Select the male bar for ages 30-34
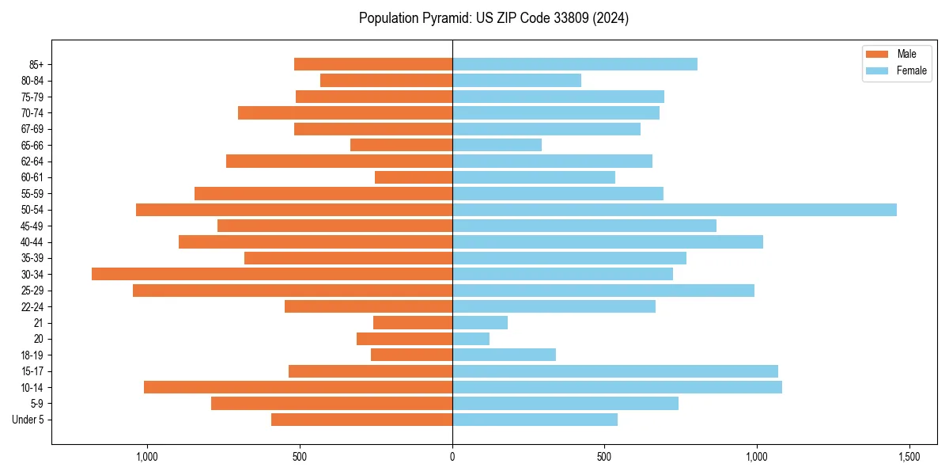[272, 274]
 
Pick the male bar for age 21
[413, 323]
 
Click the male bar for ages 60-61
[414, 177]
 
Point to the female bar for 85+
[575, 64]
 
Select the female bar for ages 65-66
[497, 145]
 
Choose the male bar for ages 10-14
[298, 387]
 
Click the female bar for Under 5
[535, 420]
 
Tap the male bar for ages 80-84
[386, 81]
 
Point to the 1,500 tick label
[909, 458]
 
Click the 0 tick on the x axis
[452, 458]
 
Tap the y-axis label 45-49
[32, 226]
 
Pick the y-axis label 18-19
[32, 355]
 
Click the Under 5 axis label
[28, 420]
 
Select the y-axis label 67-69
[32, 129]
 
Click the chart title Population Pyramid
[493, 18]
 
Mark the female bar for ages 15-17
[615, 371]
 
